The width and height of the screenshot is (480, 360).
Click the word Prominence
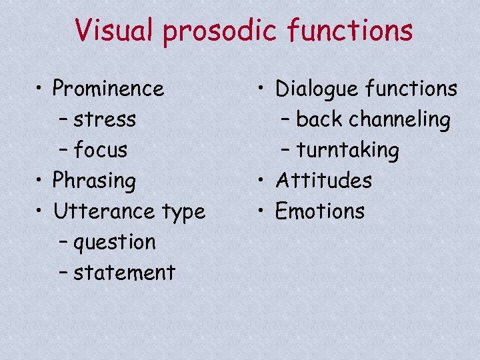pos(108,88)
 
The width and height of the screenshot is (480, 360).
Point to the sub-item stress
pos(105,119)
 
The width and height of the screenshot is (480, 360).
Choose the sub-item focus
pos(101,150)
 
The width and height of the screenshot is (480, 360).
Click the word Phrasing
pos(95,181)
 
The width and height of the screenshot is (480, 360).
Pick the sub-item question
pos(115,242)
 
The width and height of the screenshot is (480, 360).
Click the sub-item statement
pos(124,272)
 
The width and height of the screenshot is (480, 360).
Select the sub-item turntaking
pos(348,151)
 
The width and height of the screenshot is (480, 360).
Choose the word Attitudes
pos(324,180)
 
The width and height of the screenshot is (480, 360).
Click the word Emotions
pos(320,211)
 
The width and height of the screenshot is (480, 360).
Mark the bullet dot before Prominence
pos(41,89)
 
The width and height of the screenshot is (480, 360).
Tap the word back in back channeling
pos(317,119)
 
